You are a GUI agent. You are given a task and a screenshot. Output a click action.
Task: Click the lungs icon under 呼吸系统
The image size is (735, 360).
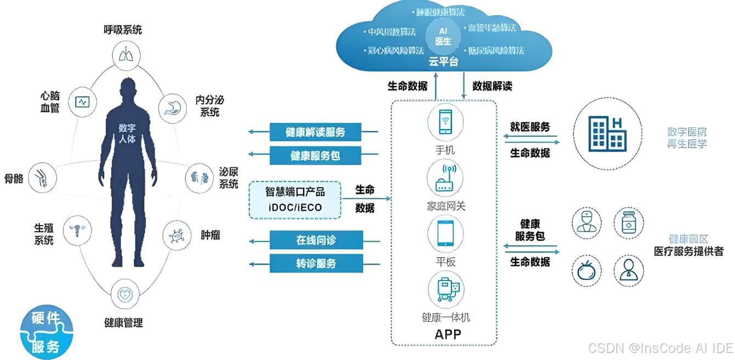tap(126, 54)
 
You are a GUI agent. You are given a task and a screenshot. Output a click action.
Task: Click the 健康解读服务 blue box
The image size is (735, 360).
tap(315, 132)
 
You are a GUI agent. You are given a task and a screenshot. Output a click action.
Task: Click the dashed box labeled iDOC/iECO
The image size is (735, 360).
tap(295, 200)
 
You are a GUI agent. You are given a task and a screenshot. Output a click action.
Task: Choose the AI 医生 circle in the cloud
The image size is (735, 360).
tap(443, 36)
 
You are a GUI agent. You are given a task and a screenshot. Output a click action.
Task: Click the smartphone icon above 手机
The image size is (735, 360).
tap(445, 122)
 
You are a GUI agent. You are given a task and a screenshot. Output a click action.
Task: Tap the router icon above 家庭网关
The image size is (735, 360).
tap(445, 178)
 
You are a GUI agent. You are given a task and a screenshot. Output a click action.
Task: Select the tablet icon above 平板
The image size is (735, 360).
tap(445, 233)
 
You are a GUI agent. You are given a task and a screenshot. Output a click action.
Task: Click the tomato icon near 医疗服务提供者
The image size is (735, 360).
tap(585, 271)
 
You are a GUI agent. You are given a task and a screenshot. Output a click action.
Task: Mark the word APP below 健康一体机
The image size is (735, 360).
tap(448, 334)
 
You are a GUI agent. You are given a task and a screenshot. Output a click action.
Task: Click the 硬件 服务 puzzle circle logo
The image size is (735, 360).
tap(46, 333)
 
